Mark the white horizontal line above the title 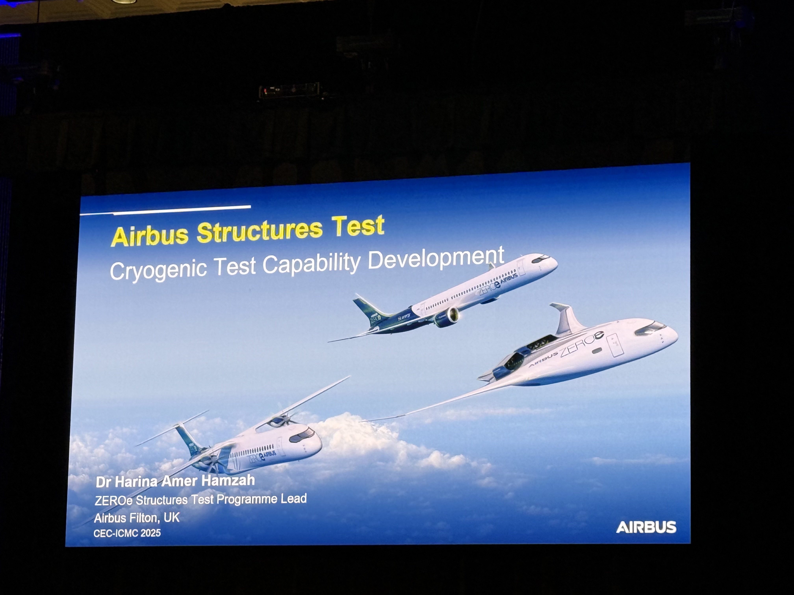[165, 211]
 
